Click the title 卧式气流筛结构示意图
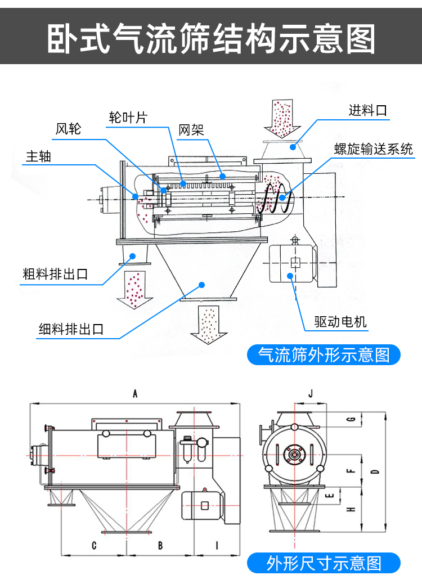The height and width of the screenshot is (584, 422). click(211, 38)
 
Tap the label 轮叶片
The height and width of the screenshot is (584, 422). click(128, 118)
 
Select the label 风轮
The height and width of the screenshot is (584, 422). click(69, 129)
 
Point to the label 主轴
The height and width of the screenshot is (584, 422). click(38, 156)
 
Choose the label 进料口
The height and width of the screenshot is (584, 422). click(368, 110)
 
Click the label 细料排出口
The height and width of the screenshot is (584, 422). click(71, 329)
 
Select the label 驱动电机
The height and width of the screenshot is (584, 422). click(340, 321)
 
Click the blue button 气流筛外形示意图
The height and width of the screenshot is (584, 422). click(324, 355)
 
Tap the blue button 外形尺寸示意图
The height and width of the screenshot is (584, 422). click(324, 563)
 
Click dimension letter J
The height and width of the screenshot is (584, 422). click(311, 394)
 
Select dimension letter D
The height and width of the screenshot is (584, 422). click(375, 471)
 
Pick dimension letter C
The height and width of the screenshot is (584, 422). click(94, 545)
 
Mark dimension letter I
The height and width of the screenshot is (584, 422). click(217, 545)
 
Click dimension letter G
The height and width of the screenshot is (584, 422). click(352, 420)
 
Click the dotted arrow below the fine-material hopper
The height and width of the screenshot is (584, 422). click(208, 324)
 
